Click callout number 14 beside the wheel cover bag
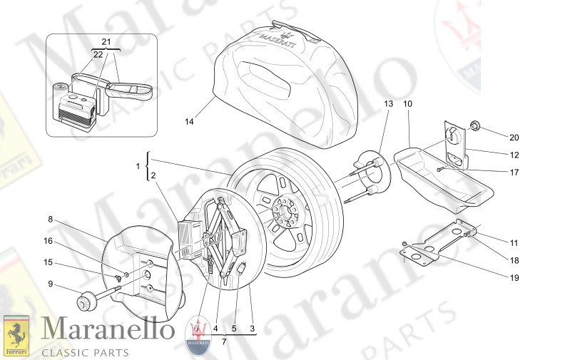pos(189,121)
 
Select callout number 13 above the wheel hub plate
pos(388,104)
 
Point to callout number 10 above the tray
pos(407,104)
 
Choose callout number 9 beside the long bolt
pos(51,285)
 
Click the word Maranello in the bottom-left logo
pos(107,330)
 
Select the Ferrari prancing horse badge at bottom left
pos(16,334)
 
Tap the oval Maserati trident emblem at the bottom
pos(198,335)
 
